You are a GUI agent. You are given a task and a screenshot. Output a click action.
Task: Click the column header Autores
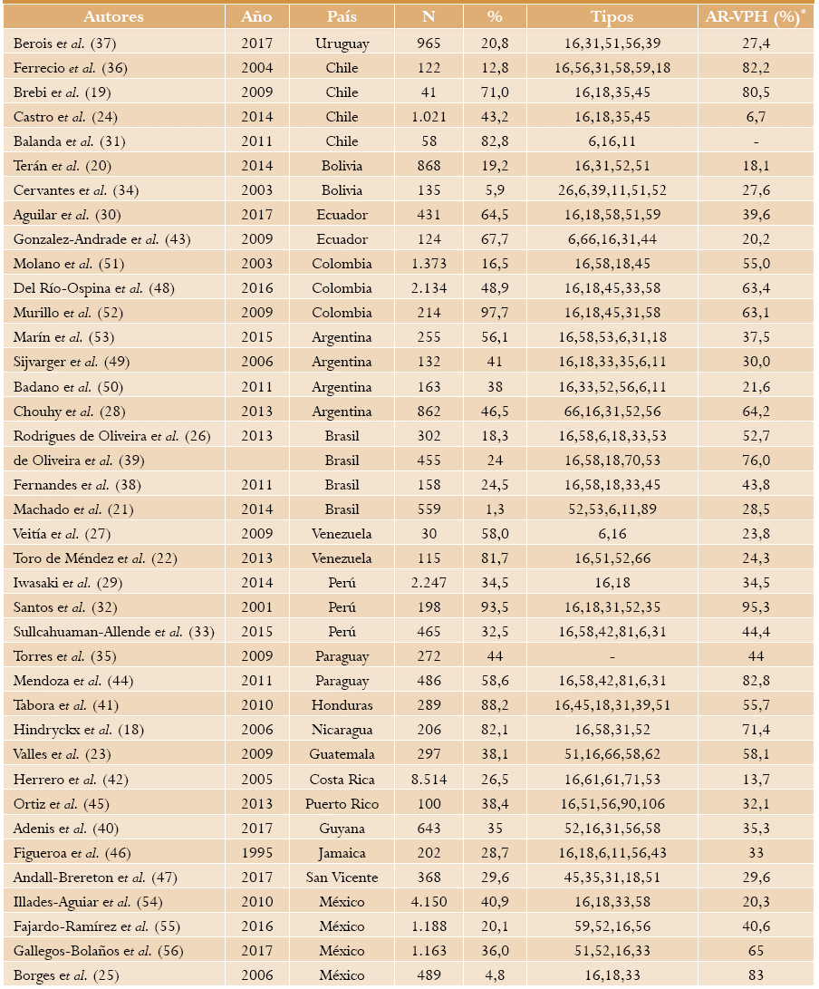(x=113, y=17)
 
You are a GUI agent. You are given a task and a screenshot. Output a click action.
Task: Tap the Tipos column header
(x=612, y=17)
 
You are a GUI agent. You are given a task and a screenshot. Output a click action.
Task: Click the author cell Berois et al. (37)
(x=65, y=43)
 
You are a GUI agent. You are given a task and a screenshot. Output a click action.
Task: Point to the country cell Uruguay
(x=342, y=43)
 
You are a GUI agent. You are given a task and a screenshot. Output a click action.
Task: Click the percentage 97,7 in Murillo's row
(x=495, y=313)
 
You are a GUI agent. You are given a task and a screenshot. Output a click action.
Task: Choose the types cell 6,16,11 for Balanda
(x=612, y=141)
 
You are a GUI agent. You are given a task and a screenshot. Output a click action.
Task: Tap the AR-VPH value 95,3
(x=756, y=607)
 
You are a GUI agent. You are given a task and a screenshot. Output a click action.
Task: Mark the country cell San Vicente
(x=342, y=877)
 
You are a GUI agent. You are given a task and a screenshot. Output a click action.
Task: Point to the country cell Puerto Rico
(x=342, y=803)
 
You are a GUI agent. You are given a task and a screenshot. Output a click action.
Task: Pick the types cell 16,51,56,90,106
(x=612, y=803)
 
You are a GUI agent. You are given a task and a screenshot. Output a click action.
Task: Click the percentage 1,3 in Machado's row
(x=495, y=509)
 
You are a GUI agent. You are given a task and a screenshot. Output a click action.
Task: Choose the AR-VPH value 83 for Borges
(x=756, y=975)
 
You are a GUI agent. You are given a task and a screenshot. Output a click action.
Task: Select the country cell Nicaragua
(x=342, y=730)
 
